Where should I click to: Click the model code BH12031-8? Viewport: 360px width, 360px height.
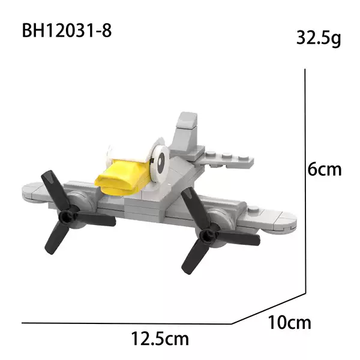pyautogui.click(x=67, y=31)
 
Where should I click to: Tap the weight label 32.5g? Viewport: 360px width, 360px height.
pyautogui.click(x=319, y=38)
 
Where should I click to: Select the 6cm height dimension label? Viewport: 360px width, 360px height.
pyautogui.click(x=325, y=169)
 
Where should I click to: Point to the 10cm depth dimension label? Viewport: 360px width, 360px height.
pyautogui.click(x=289, y=323)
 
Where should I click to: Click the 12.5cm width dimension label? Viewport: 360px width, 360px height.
pyautogui.click(x=160, y=338)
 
